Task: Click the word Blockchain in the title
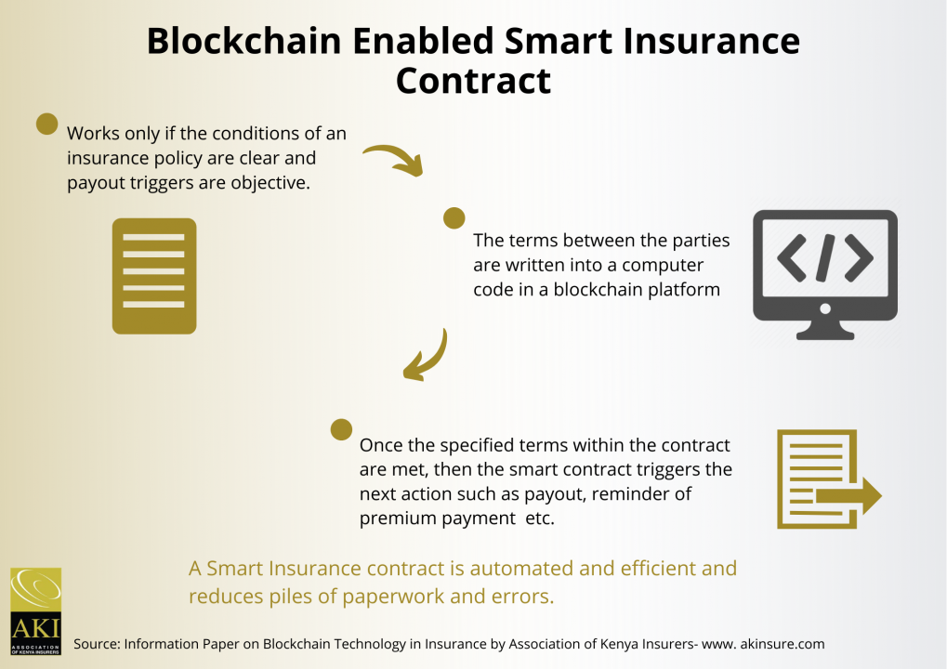pos(244,42)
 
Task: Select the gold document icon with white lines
pos(154,276)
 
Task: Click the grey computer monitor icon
pos(825,275)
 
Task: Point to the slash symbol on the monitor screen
pos(825,257)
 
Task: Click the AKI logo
pos(36,611)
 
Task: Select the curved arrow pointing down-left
pos(427,358)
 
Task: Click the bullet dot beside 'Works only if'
pos(47,124)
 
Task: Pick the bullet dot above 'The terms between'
pos(454,218)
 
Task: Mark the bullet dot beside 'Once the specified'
pos(341,429)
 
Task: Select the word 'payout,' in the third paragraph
pos(555,494)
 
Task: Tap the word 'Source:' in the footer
pos(97,644)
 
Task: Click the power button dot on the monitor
pos(825,309)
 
